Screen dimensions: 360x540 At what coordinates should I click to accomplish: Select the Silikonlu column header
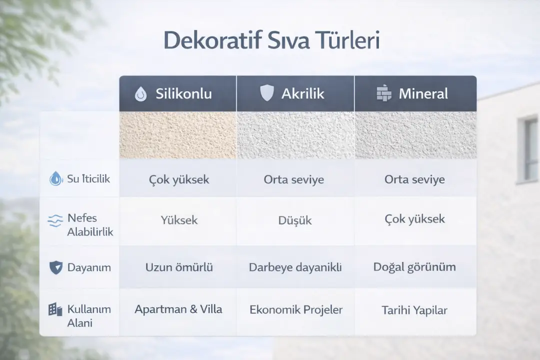pos(183,93)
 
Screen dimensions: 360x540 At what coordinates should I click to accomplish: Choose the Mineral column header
pos(423,93)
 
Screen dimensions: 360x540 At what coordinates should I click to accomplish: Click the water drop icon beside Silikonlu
pos(141,94)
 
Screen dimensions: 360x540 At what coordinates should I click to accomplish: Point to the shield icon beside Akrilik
pos(267,93)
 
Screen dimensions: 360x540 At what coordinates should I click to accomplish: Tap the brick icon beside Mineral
pos(383,93)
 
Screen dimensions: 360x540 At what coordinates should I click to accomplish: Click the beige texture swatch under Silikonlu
pos(177,135)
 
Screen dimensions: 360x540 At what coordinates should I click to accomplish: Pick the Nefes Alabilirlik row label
pos(90,225)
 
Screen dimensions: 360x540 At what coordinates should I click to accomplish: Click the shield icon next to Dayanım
pos(56,267)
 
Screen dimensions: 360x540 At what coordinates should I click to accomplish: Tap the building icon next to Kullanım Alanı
pos(55,309)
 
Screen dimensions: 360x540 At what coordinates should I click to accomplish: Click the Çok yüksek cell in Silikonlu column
pos(179,179)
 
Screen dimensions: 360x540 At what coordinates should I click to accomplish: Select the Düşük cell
pos(294,220)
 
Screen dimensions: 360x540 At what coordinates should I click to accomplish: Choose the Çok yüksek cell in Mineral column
pos(414,219)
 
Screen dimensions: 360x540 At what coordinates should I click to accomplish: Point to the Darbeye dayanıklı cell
pos(295,267)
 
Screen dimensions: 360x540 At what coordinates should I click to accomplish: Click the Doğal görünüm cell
pos(414,267)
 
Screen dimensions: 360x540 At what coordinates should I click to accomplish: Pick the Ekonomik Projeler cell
pos(295,309)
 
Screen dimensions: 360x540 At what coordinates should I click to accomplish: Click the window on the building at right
pos(528,149)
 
